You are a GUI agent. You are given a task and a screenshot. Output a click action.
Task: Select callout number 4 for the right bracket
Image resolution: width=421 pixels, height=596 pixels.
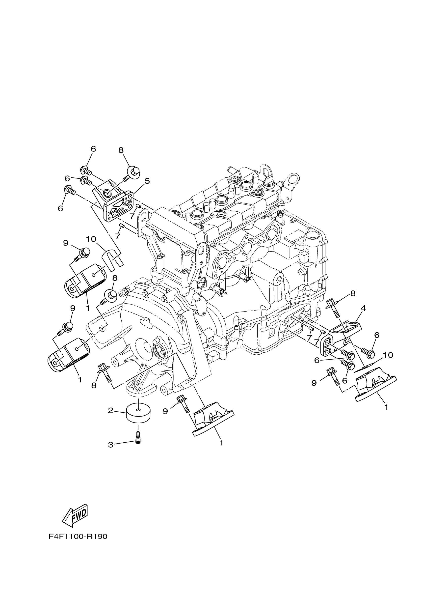[363, 308]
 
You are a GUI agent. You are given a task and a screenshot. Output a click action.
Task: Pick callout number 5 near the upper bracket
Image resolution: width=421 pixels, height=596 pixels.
[147, 181]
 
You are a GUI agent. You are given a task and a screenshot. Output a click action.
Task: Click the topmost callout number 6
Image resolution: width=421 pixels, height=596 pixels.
[93, 149]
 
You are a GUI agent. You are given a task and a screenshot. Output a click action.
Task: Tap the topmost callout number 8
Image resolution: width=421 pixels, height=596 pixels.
[121, 150]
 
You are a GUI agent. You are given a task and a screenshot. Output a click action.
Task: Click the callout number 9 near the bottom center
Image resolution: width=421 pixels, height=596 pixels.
[165, 411]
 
